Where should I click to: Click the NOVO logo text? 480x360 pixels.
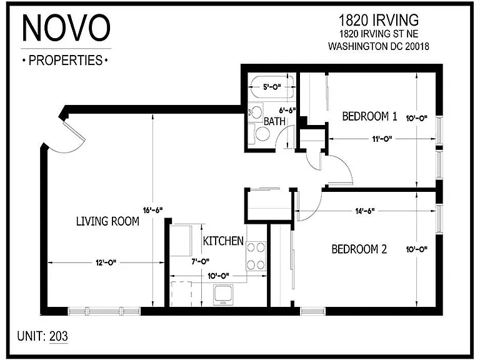point(66,27)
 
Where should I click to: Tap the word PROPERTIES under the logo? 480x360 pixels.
point(66,60)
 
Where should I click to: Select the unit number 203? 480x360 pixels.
point(59,336)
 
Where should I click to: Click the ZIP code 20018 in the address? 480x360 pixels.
point(417,46)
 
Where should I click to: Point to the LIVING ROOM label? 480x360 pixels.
point(107,221)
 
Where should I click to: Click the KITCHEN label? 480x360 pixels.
point(223,241)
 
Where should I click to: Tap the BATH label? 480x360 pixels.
point(274,121)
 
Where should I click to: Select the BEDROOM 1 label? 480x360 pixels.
point(369,116)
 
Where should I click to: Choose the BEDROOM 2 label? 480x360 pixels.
point(359,249)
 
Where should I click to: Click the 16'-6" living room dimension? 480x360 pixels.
point(152,210)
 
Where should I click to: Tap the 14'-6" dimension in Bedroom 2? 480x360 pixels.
point(365,211)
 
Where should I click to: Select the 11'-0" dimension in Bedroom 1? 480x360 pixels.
point(382,139)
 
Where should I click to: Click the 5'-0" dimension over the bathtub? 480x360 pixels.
point(272,87)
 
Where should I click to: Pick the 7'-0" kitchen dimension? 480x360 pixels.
point(200,261)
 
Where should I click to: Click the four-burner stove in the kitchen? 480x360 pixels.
point(256,256)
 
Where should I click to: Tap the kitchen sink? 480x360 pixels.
point(223,294)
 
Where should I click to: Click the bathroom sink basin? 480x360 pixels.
point(256,112)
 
